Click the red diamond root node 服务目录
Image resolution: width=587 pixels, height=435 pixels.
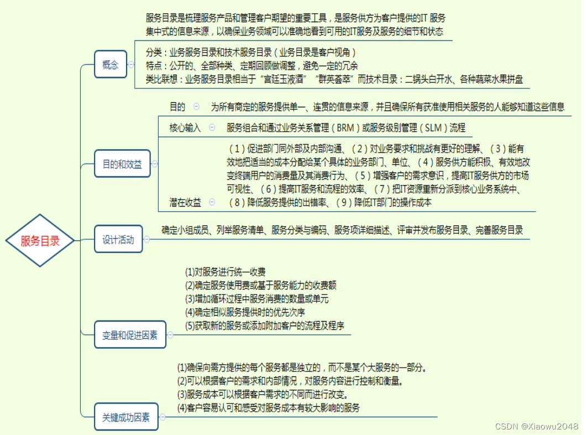pos(40,240)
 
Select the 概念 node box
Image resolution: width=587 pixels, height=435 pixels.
pos(110,65)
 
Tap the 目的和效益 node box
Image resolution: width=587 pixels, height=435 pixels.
pos(122,164)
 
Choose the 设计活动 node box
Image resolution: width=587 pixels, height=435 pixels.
pos(118,240)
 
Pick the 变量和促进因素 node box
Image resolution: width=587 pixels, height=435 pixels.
pos(130,335)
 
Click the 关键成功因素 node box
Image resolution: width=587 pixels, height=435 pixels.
pos(126,417)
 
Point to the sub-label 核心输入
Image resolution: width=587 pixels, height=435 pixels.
pos(185,128)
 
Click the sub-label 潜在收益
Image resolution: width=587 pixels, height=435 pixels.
pos(185,202)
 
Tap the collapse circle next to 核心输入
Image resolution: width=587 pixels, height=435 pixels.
pos(212,128)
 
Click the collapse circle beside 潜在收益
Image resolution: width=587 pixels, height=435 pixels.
pos(212,202)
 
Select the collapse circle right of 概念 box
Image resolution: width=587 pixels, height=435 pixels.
pos(132,65)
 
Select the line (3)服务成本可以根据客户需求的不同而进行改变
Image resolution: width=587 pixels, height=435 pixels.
pos(262,395)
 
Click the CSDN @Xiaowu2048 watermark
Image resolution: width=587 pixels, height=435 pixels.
pos(536,426)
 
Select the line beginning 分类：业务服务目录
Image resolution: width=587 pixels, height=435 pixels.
pos(248,53)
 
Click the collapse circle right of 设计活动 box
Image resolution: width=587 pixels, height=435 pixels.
pos(146,240)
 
